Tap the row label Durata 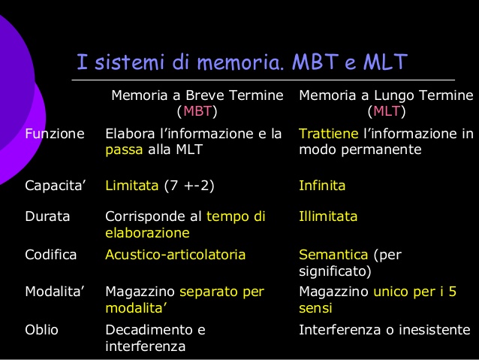pyautogui.click(x=47, y=216)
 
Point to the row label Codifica pyautogui.click(x=51, y=255)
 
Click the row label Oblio pyautogui.click(x=42, y=329)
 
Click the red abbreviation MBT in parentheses pyautogui.click(x=197, y=112)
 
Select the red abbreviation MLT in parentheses pyautogui.click(x=386, y=112)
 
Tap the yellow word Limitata pyautogui.click(x=131, y=185)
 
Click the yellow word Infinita pyautogui.click(x=322, y=185)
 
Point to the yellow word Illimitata pyautogui.click(x=328, y=216)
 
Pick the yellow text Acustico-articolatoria pyautogui.click(x=175, y=255)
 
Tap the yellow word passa pyautogui.click(x=122, y=150)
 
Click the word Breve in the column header pyautogui.click(x=205, y=96)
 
